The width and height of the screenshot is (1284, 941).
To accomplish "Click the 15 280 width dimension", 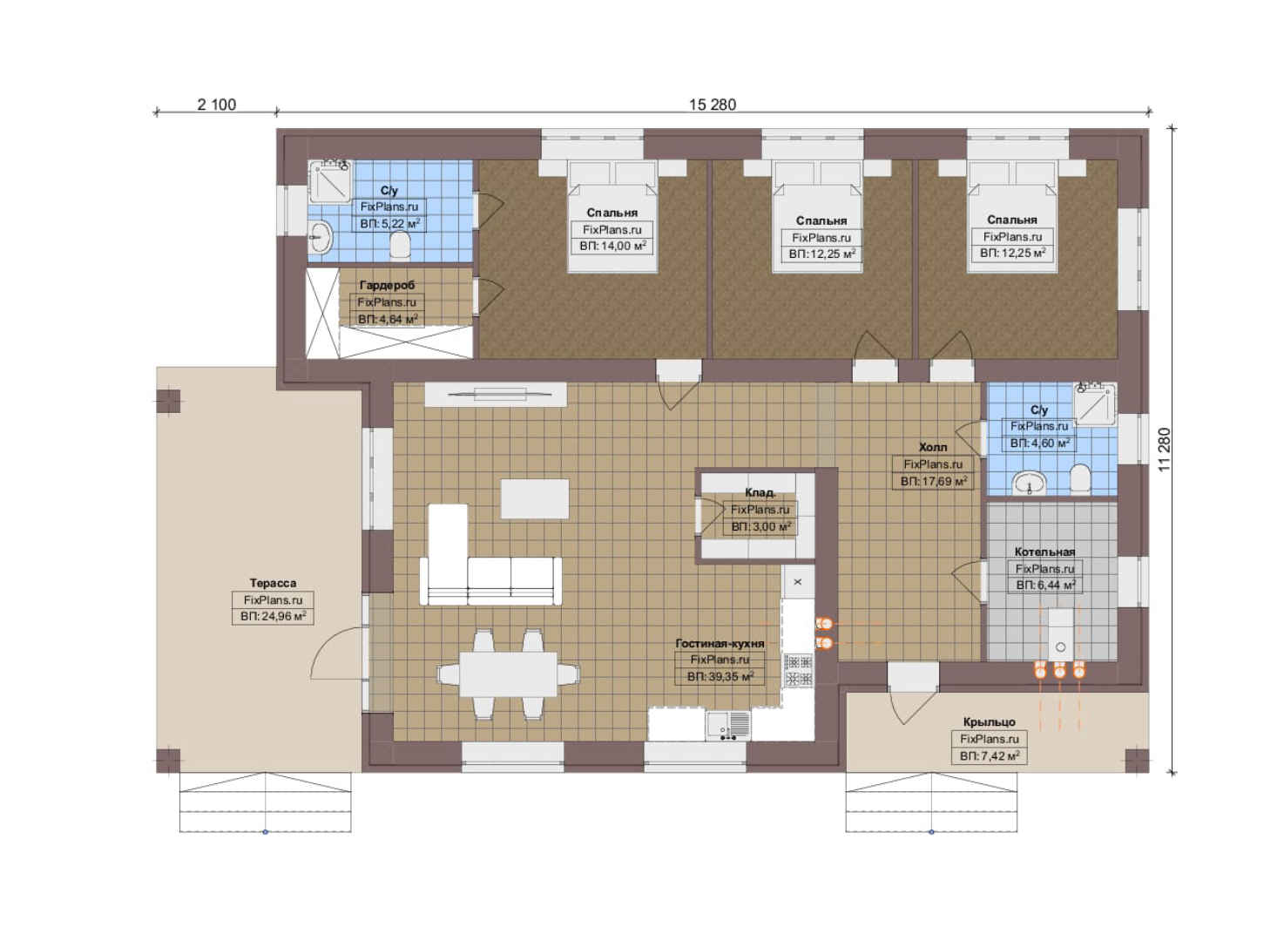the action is point(712,105).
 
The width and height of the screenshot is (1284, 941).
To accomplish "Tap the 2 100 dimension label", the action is point(216,105).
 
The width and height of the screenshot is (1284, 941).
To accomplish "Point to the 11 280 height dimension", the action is point(1164,450).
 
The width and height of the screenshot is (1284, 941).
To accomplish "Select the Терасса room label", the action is point(273,583).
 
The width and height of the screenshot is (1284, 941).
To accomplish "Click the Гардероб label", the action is point(387,285).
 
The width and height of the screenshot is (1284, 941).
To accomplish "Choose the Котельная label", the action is point(1044,552).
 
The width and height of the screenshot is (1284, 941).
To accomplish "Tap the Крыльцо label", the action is point(989,722).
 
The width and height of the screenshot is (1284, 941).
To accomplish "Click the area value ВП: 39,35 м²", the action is point(720,677).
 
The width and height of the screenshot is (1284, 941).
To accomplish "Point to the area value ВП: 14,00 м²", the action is point(612,246).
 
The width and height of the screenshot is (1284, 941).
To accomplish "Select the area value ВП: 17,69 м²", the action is point(933,481).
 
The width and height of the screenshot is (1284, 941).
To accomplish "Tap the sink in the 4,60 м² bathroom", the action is point(1030,484).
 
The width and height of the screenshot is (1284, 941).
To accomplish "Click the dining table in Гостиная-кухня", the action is point(509,674).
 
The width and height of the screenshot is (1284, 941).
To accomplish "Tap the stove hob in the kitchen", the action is point(799,672).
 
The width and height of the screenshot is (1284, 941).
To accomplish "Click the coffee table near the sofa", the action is point(535,499).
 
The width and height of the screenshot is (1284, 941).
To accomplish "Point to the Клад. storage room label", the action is point(760,492).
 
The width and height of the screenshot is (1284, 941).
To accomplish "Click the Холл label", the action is point(933,447).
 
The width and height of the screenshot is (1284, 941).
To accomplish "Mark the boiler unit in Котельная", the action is point(1060,635).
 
